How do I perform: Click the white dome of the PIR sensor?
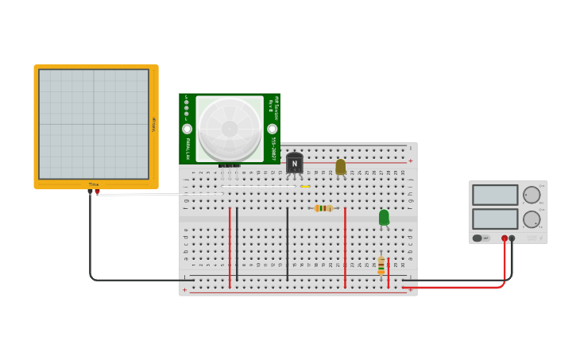[x=230, y=127]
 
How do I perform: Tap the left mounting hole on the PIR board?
[x=187, y=129]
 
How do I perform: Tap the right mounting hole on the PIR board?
[x=273, y=129]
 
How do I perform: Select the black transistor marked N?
[x=295, y=163]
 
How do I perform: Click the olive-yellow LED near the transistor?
[x=340, y=166]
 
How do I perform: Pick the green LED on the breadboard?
[x=384, y=217]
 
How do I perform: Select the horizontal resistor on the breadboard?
[x=323, y=208]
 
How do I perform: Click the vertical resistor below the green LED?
[x=381, y=265]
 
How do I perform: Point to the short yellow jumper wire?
[x=305, y=187]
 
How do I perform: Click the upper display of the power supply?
[x=495, y=195]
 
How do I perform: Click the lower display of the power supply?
[x=495, y=219]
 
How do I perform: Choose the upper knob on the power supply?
[x=532, y=195]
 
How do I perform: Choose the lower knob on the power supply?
[x=532, y=219]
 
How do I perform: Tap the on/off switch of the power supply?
[x=478, y=238]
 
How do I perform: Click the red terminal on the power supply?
[x=504, y=238]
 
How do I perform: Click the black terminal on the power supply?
[x=512, y=238]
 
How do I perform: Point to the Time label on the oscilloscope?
[x=94, y=184]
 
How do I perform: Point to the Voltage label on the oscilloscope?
[x=153, y=124]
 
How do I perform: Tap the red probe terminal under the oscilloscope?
[x=97, y=192]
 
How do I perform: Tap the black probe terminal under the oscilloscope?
[x=90, y=192]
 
